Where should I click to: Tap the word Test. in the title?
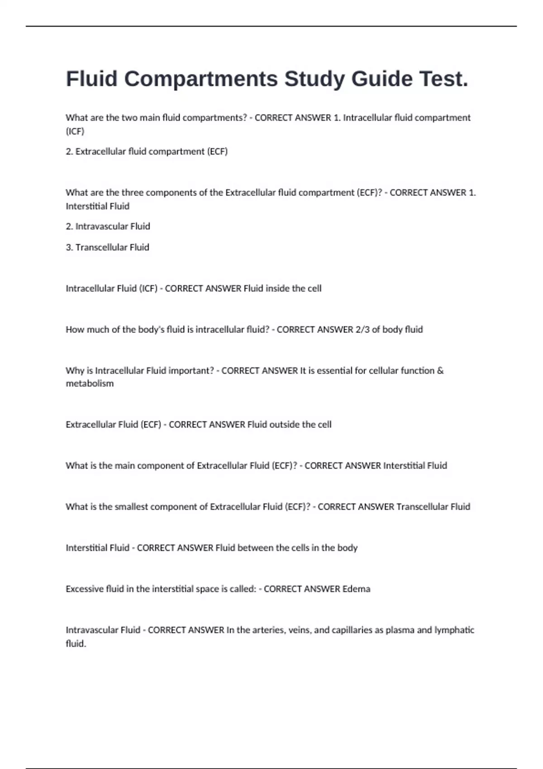[444, 79]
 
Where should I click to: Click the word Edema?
[356, 589]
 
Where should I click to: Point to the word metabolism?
[90, 384]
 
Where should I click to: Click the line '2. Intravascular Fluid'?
[108, 226]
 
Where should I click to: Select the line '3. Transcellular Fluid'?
[107, 247]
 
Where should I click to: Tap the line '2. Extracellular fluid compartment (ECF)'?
[147, 152]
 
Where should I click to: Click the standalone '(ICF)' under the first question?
[75, 131]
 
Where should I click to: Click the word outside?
[284, 425]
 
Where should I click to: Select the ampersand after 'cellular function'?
[440, 371]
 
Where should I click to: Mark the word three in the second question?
[132, 193]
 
